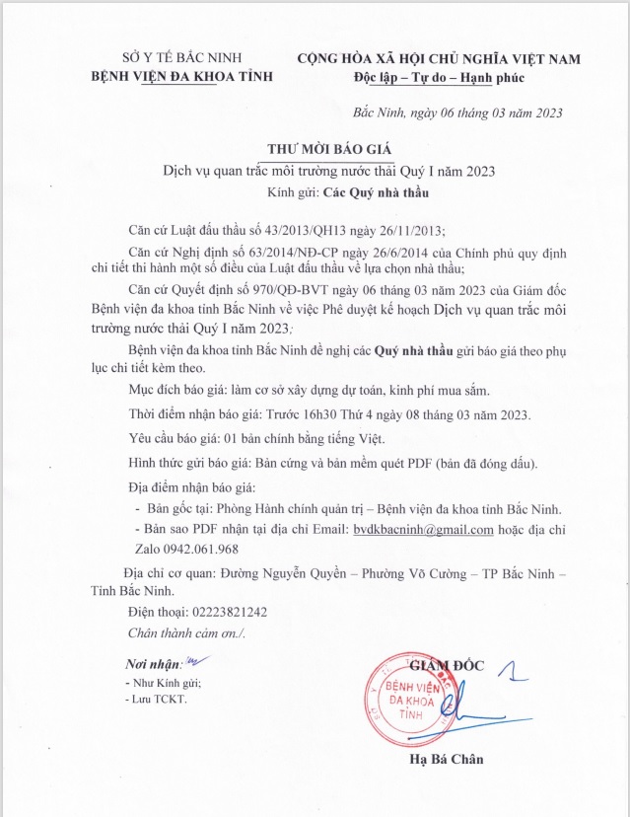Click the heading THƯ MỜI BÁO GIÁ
315,149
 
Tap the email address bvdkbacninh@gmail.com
424,530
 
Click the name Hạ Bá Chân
449,760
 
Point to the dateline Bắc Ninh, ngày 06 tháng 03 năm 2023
457,112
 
